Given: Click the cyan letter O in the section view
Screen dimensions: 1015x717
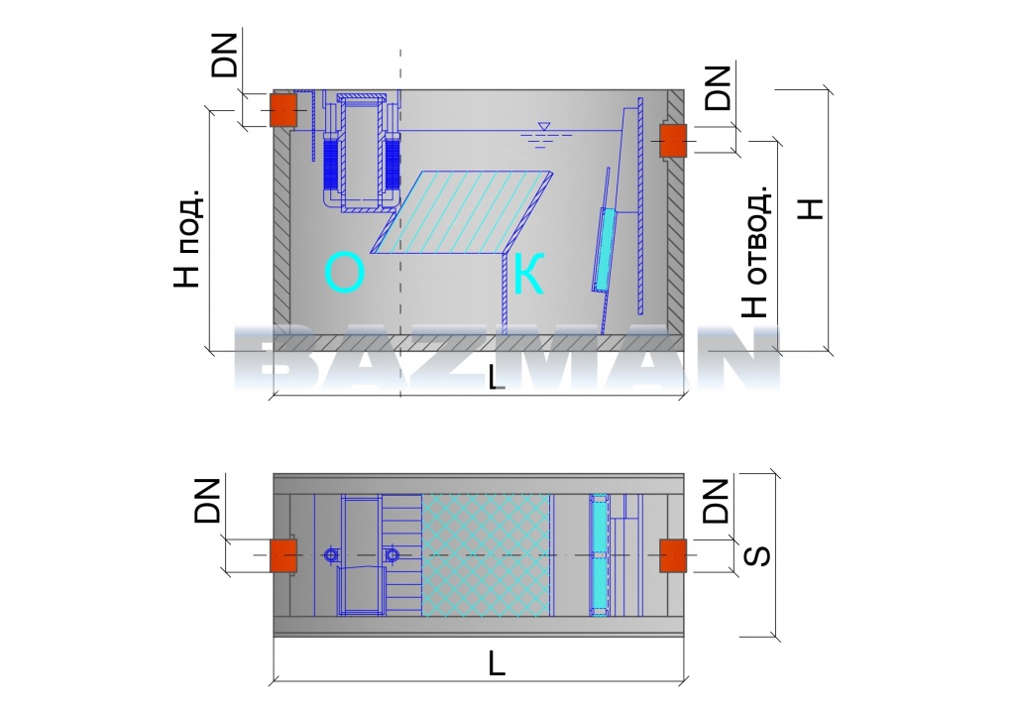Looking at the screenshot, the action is point(345,274).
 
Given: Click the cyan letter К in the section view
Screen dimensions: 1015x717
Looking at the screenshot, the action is point(528,274).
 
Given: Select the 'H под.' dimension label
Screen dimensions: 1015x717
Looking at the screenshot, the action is point(188,238).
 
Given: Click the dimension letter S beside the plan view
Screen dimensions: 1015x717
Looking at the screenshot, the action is point(756,555).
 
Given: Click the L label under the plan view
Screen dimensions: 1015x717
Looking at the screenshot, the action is point(497,663).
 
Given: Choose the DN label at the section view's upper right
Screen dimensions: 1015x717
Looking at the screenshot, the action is point(718,87).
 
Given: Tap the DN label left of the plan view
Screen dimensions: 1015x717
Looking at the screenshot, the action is point(207,501).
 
